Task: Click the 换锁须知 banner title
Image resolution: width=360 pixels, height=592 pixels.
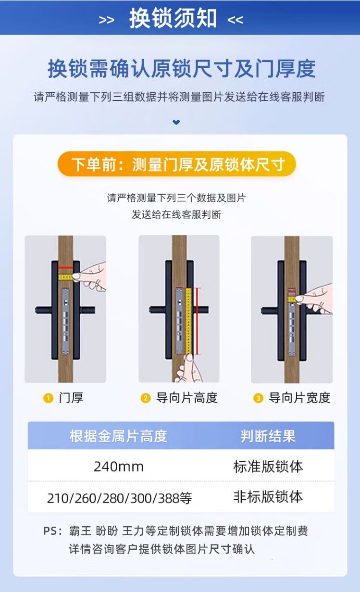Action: pos(173,18)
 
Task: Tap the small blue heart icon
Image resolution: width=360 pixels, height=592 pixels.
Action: pos(176,122)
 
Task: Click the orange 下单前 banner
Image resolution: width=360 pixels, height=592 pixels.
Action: pos(176,164)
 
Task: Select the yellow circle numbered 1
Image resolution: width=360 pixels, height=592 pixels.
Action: pos(48,398)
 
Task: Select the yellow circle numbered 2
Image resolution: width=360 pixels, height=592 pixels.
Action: pos(145,398)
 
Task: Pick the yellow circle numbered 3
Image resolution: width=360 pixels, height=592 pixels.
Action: pos(258,398)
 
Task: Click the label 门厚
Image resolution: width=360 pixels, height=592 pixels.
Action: pos(71,398)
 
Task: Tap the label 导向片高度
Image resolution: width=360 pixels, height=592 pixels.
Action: pos(187,398)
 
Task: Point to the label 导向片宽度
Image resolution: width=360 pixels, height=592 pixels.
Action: pos(299,398)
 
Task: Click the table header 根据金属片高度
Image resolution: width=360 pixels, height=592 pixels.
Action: pos(118,436)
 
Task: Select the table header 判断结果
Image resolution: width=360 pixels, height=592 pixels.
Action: pos(268,436)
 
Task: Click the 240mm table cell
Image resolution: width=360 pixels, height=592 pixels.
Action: pos(119,467)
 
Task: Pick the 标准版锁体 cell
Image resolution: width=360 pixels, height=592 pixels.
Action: pos(268,467)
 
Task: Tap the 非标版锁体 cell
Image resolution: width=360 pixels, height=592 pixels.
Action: pos(268,496)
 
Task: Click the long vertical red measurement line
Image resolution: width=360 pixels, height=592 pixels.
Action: pos(197,321)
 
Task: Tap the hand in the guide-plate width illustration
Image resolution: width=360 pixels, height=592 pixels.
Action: pos(314,299)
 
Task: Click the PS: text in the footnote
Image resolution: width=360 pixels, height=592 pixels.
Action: pos(52,530)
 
